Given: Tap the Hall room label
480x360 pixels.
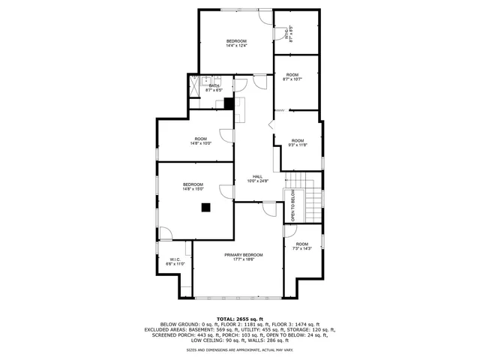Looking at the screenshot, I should pos(257,176).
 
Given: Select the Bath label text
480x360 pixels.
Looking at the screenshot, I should pos(214,86).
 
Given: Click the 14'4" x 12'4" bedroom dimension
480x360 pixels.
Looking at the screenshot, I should pos(236,46).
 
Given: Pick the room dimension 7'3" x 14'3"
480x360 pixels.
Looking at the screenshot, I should pos(301,249).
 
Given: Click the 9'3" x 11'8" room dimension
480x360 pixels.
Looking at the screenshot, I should pos(298,145).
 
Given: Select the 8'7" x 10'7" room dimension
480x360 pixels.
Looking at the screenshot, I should pos(292,79).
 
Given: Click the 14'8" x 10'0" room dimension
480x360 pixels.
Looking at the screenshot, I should pos(200,143).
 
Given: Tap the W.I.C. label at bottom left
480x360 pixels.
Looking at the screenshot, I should pos(175,259).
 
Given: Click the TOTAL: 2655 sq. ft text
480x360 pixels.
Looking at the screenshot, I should pos(240,319).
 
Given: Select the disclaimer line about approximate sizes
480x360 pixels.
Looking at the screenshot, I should pos(240,350).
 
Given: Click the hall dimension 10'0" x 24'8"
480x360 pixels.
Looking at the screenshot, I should pos(257,181).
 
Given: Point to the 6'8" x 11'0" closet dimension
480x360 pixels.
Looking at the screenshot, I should pos(175,264).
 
